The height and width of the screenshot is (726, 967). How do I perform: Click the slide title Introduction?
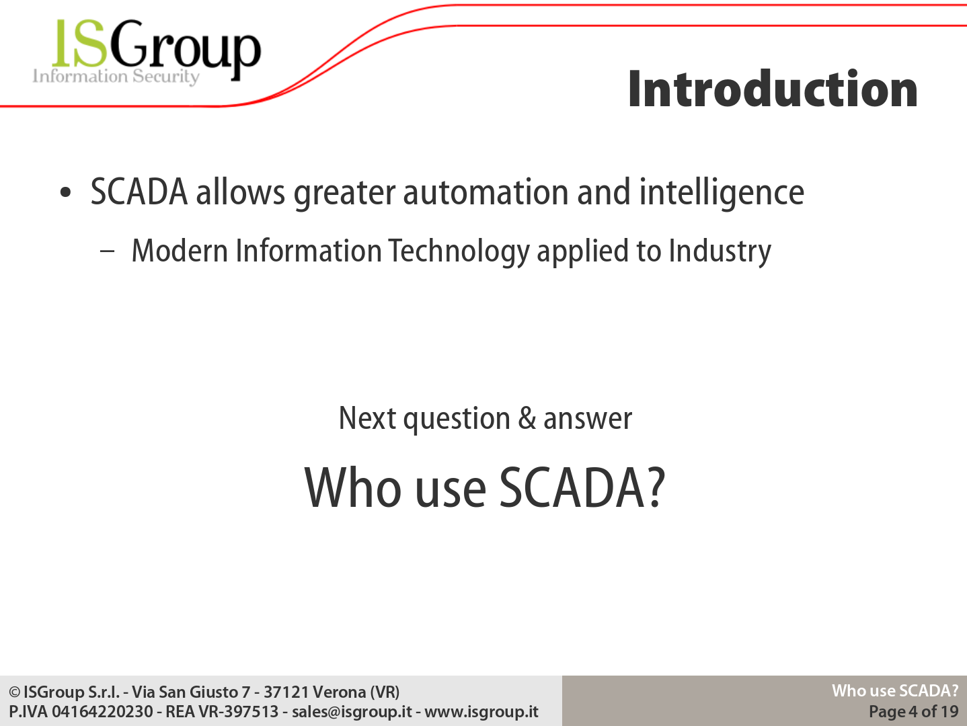[x=773, y=89]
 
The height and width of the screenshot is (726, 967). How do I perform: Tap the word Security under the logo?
[x=166, y=77]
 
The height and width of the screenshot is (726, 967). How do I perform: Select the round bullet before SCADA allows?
[x=65, y=192]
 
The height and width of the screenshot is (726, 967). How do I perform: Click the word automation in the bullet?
[x=486, y=192]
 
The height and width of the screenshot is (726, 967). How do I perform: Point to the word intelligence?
[x=722, y=193]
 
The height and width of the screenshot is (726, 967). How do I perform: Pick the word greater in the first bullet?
[x=344, y=194]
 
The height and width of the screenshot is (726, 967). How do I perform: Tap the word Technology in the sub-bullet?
[x=459, y=251]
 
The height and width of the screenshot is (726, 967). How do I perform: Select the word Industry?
[x=720, y=251]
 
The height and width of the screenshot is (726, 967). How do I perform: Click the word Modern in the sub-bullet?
[x=180, y=251]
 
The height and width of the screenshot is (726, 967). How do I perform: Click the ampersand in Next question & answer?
[x=527, y=418]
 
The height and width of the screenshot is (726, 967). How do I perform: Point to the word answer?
[x=588, y=419]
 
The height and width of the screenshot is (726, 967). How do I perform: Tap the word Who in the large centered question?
[x=353, y=488]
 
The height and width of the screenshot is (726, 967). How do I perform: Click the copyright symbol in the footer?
[x=15, y=692]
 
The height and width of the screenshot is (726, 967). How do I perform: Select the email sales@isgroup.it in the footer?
[x=352, y=712]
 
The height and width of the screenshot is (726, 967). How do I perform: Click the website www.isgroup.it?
[x=481, y=712]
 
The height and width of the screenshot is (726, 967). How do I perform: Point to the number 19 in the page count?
[x=949, y=711]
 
